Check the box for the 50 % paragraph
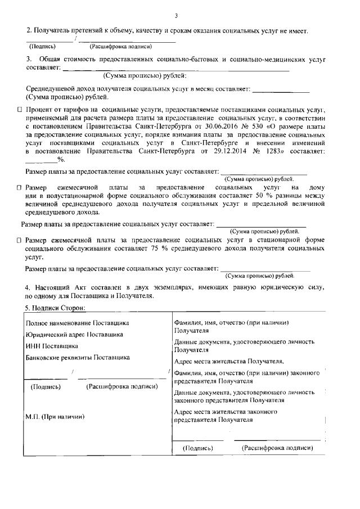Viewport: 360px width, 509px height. click(x=19, y=186)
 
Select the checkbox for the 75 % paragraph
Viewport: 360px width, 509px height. click(x=19, y=240)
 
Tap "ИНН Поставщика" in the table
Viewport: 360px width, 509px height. click(x=52, y=346)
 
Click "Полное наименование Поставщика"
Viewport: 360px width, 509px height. click(x=77, y=323)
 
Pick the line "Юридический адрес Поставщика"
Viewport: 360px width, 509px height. click(x=74, y=334)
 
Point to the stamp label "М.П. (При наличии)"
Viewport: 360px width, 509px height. click(x=55, y=416)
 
